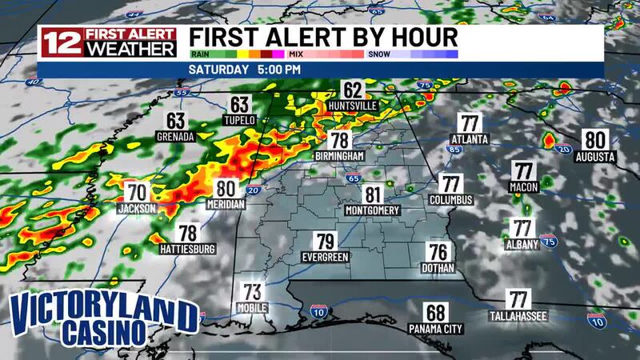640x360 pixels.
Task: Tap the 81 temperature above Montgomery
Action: [372, 194]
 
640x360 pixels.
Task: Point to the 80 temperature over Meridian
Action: [225, 190]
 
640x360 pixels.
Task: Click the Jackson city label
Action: [137, 208]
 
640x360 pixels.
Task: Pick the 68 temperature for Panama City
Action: [435, 313]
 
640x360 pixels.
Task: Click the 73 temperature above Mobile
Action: [253, 291]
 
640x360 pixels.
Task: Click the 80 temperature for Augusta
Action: [595, 137]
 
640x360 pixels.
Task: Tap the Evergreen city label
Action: [325, 257]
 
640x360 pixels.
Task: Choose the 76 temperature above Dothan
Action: [438, 251]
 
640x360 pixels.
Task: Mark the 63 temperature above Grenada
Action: [176, 122]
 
